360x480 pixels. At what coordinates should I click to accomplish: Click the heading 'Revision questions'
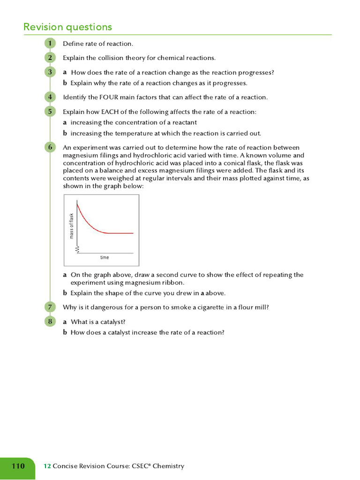point(68,27)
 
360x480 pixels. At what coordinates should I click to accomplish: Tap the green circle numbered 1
point(49,44)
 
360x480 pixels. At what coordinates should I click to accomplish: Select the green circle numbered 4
point(49,97)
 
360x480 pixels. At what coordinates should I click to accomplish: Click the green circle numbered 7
point(49,307)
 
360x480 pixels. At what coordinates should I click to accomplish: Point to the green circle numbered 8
point(49,322)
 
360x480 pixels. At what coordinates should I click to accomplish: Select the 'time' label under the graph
point(105,257)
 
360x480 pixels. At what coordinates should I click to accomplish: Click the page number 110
point(18,466)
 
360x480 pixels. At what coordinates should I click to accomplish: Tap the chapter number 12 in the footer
point(47,466)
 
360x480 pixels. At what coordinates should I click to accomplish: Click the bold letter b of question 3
point(65,83)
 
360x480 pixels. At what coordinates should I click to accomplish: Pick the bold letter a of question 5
point(65,122)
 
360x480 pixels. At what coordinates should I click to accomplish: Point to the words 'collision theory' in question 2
point(112,58)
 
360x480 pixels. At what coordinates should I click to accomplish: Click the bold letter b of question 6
point(65,293)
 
